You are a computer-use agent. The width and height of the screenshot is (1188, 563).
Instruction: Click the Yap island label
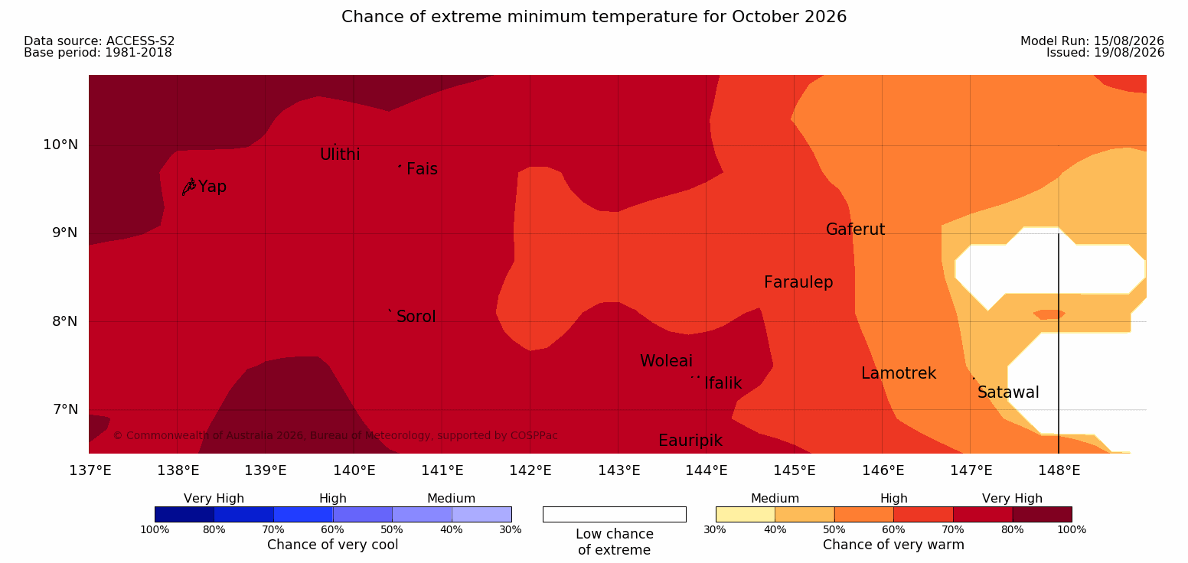coord(212,187)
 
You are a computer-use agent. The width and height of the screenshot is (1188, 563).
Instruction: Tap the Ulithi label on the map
coord(340,155)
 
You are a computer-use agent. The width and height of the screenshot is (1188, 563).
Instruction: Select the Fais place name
coord(423,169)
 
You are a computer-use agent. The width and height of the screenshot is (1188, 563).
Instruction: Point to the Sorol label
coord(416,317)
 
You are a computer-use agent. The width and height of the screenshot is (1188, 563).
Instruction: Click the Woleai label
coord(666,361)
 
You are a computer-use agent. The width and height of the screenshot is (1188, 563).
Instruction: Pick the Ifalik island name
coord(723,382)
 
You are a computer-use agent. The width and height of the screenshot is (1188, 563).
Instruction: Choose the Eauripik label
coord(690,441)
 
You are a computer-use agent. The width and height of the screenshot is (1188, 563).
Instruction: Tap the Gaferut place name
coord(856,229)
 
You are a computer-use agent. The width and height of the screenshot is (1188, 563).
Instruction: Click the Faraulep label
coord(798,282)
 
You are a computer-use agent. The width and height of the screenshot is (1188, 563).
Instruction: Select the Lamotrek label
coord(899,373)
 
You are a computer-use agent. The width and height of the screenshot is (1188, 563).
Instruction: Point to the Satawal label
coord(1008,392)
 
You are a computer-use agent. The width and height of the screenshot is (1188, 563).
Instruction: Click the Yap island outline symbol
coord(189,187)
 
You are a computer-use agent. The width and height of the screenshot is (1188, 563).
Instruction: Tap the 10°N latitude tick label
coord(60,145)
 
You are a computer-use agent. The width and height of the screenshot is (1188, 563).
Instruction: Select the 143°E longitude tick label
coord(619,470)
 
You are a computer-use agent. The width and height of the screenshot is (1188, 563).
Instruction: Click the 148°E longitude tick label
coord(1059,470)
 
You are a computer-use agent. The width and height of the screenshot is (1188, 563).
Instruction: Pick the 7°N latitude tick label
coord(65,409)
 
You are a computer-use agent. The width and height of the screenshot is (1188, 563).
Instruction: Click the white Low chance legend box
coord(615,514)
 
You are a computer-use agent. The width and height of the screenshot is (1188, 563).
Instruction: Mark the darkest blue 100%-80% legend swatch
coord(184,514)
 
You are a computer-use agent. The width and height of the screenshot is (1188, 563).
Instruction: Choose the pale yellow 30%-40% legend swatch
coord(746,514)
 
